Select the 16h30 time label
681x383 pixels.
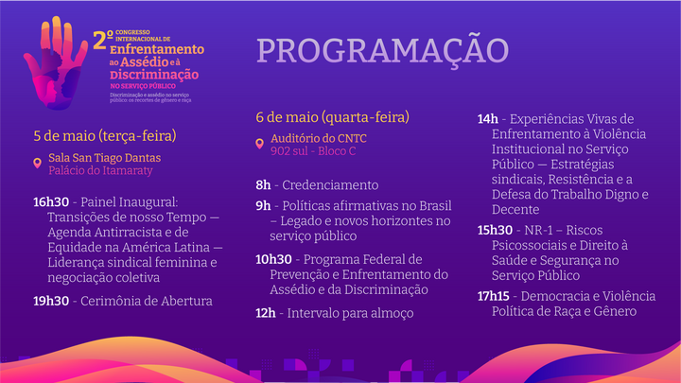coord(51,202)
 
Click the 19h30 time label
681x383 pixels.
coord(51,301)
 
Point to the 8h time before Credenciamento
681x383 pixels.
coord(263,185)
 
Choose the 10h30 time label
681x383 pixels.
coord(273,259)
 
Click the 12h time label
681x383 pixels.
coord(265,312)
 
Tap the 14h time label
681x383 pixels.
coord(487,119)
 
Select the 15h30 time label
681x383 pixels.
coord(496,230)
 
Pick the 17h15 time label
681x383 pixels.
coord(496,295)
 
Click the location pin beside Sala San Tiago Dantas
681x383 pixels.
coord(38,164)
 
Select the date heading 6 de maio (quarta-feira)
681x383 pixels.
coord(332,117)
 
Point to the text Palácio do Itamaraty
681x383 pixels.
coord(99,170)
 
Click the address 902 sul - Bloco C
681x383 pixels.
coord(312,150)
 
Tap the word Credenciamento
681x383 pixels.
coord(331,185)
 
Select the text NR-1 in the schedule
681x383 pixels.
coord(543,230)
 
